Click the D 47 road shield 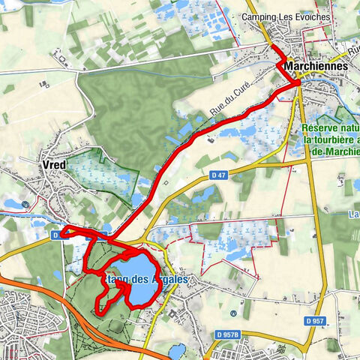click(x=217, y=175)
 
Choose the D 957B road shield click(x=230, y=334)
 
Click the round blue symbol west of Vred click(x=26, y=202)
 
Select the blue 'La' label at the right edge click(x=353, y=214)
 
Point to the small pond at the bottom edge click(x=178, y=351)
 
